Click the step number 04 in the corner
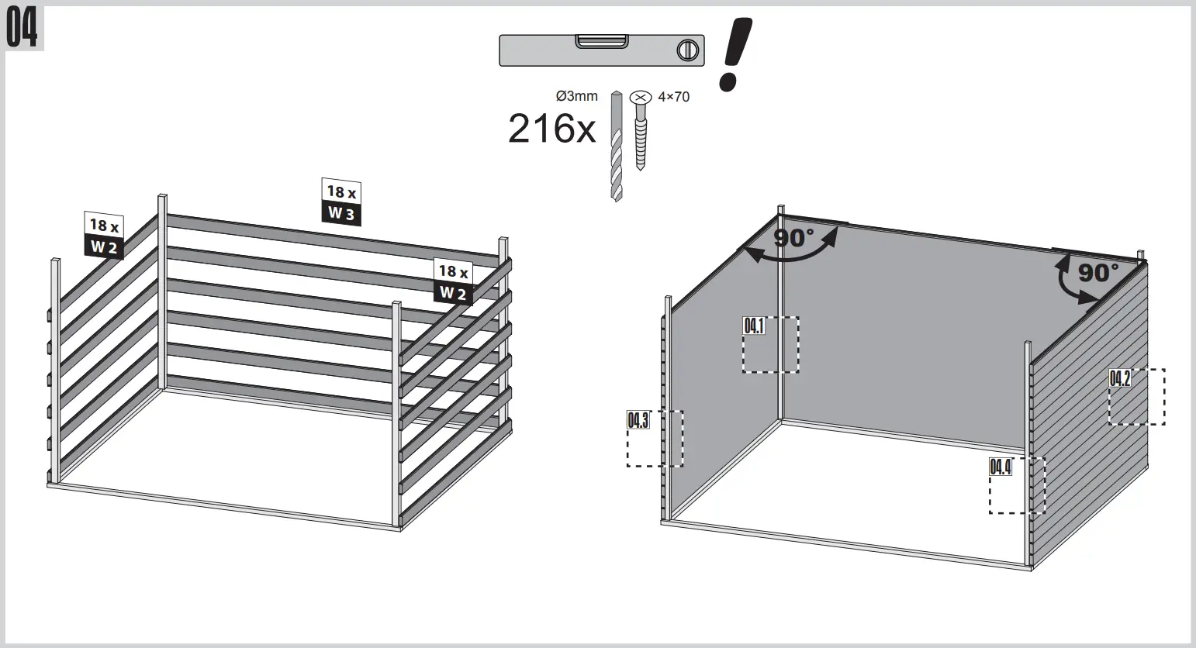(x=22, y=29)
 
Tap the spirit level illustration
(x=601, y=50)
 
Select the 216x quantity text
(x=551, y=129)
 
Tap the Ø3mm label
(x=577, y=96)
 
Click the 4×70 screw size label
(x=673, y=97)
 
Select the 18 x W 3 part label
(x=341, y=202)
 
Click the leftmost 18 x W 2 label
(x=104, y=236)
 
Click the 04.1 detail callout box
(x=770, y=344)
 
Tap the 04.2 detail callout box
(x=1136, y=396)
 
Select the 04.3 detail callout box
(x=655, y=438)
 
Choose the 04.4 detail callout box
(x=1017, y=485)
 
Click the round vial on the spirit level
(x=686, y=51)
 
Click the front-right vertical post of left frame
(x=397, y=415)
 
